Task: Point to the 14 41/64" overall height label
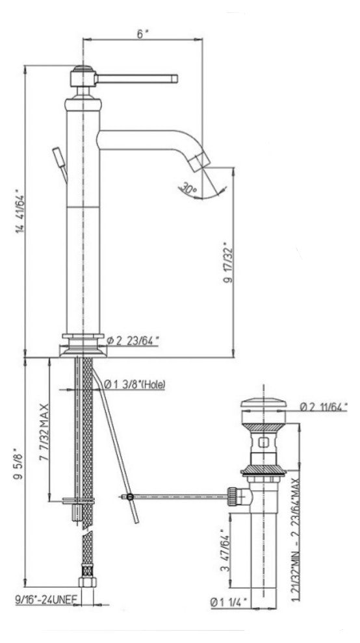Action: [20, 211]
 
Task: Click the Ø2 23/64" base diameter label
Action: [132, 340]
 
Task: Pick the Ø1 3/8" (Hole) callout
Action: [135, 385]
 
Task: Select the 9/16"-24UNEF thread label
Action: [46, 600]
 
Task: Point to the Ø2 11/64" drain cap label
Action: [323, 407]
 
